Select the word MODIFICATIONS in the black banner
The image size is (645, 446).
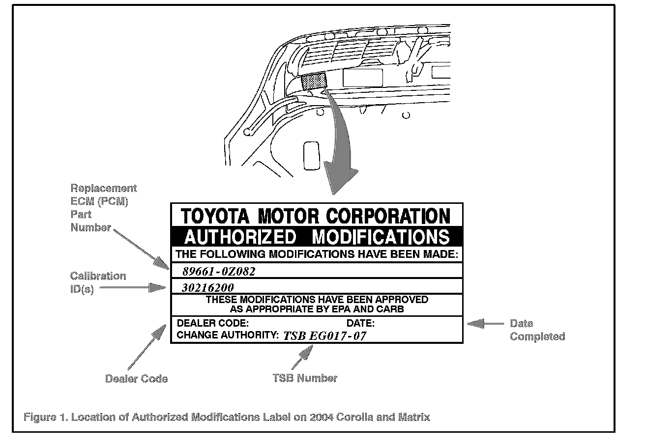(x=381, y=237)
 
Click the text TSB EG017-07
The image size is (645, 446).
(x=324, y=336)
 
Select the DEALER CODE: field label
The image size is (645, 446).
(x=212, y=323)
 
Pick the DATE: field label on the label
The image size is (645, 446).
(x=360, y=323)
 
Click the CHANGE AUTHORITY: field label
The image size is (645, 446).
(x=228, y=335)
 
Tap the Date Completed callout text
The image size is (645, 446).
(x=537, y=330)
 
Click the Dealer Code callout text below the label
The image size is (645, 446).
(x=136, y=379)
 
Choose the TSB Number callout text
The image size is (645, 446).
(x=305, y=378)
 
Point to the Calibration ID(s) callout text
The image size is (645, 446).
(x=97, y=282)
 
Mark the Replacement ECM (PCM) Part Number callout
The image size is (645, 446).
(x=103, y=208)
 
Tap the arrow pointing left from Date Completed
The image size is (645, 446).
(x=485, y=324)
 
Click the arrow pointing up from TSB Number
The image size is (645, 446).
(x=303, y=356)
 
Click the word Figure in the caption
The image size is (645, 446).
(x=39, y=418)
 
